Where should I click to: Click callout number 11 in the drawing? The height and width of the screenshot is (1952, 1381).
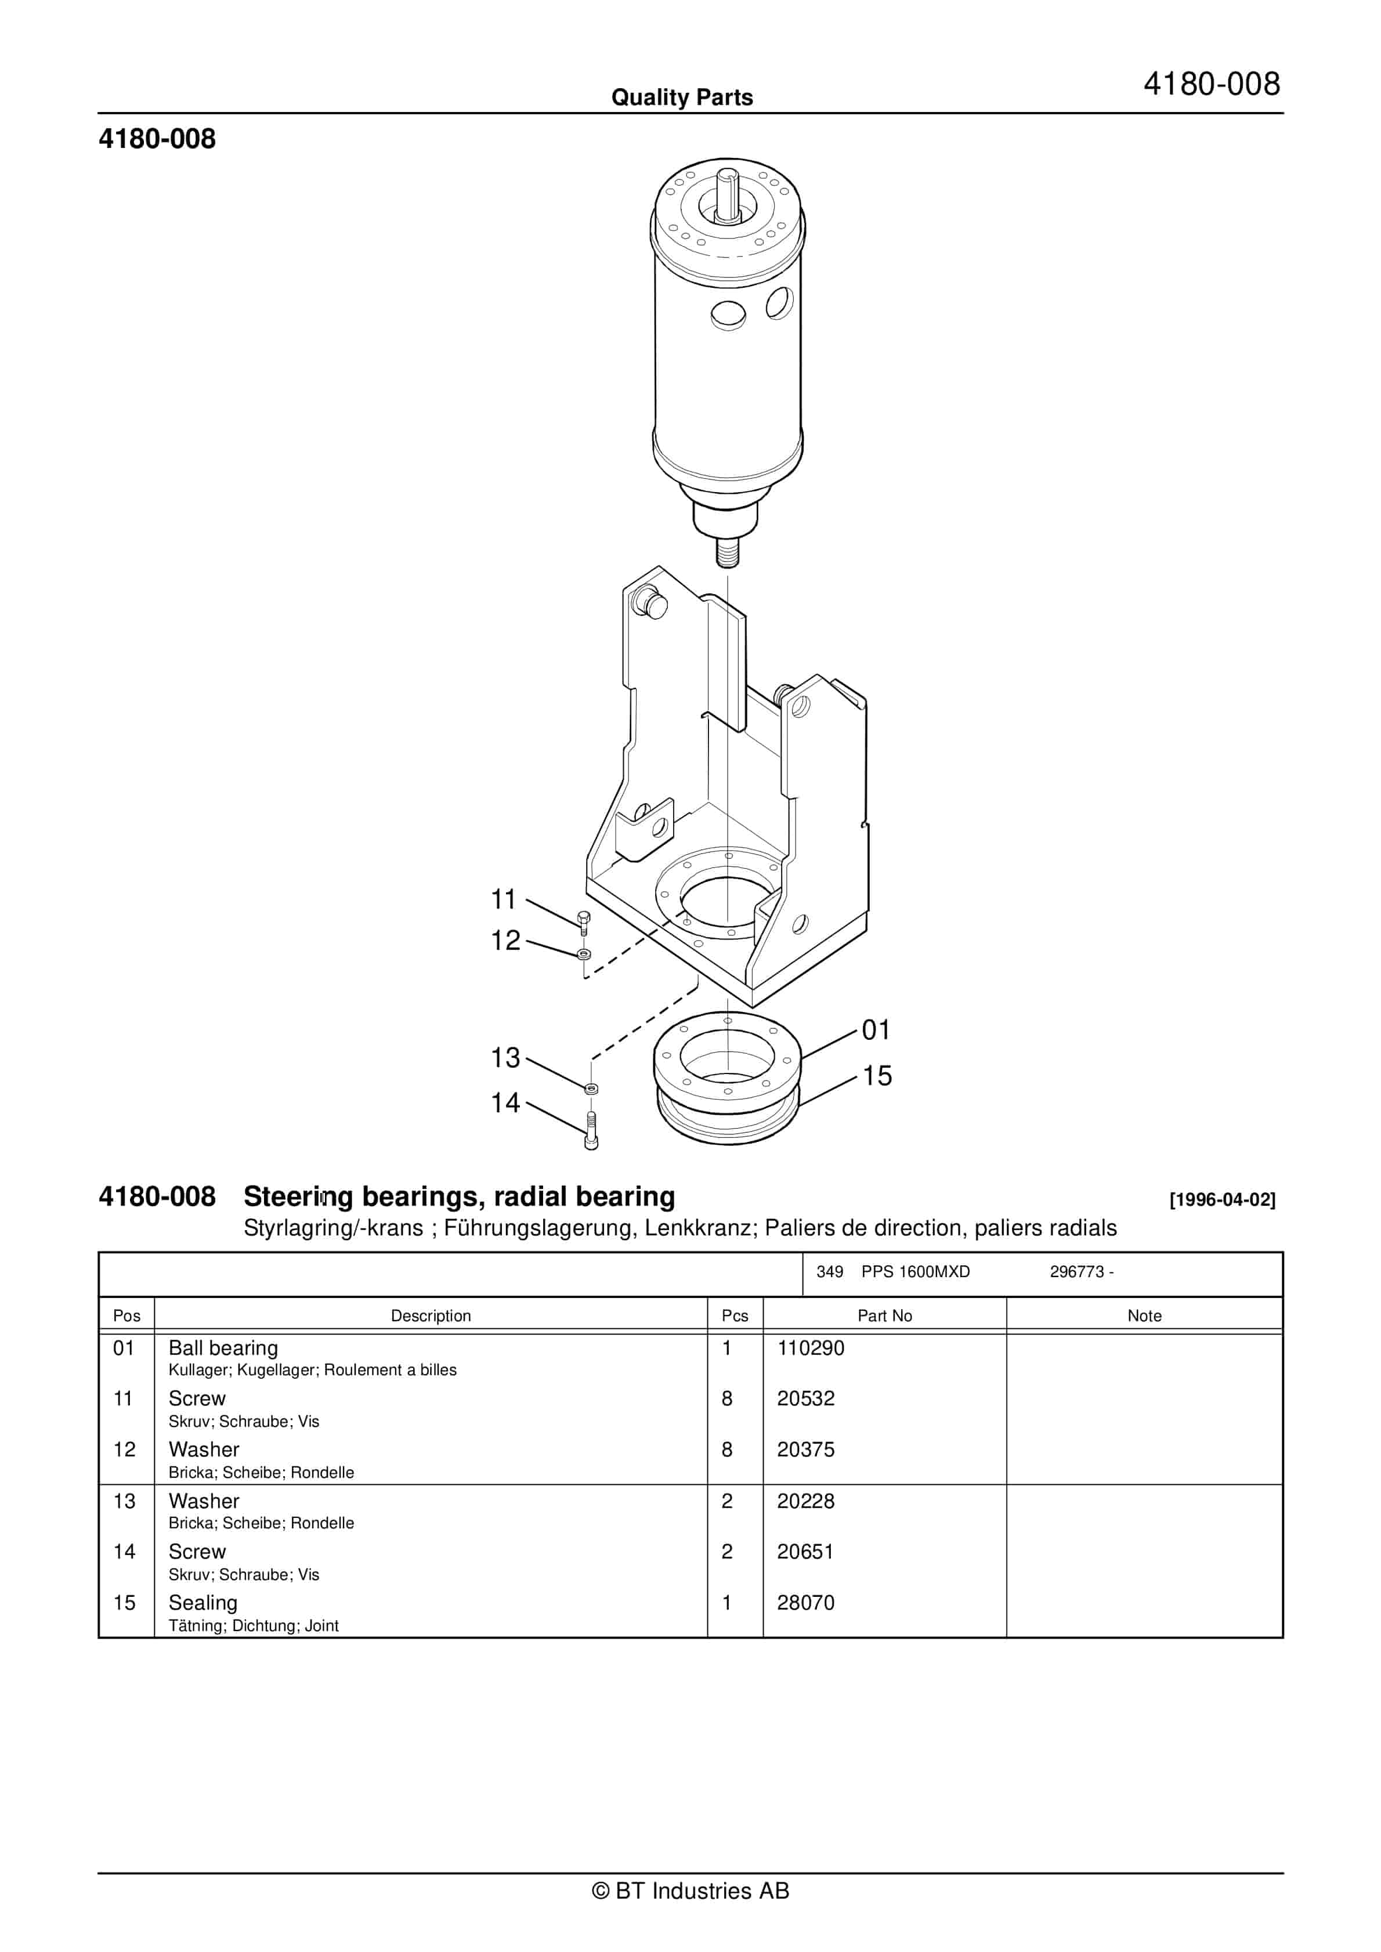click(504, 899)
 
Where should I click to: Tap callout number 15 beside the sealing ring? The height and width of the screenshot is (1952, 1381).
click(877, 1076)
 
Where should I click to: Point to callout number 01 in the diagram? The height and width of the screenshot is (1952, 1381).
click(876, 1031)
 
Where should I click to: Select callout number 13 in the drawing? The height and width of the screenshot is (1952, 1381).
click(505, 1058)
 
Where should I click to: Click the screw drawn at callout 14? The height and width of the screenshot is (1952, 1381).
click(592, 1131)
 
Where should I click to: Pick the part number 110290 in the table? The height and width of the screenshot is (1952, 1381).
click(811, 1349)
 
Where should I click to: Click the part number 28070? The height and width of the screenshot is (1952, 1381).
click(805, 1603)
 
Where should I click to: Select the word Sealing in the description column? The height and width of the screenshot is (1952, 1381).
click(203, 1603)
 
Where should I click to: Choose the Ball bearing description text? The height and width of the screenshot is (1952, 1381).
click(223, 1349)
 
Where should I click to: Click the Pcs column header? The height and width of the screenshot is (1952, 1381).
click(735, 1316)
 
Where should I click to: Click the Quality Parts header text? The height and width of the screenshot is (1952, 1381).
click(682, 97)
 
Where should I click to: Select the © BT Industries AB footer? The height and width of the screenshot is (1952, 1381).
click(691, 1891)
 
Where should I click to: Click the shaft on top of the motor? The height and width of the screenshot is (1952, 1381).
click(727, 191)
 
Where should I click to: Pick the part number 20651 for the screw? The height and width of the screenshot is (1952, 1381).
click(805, 1552)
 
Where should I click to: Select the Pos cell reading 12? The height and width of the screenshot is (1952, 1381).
click(124, 1451)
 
